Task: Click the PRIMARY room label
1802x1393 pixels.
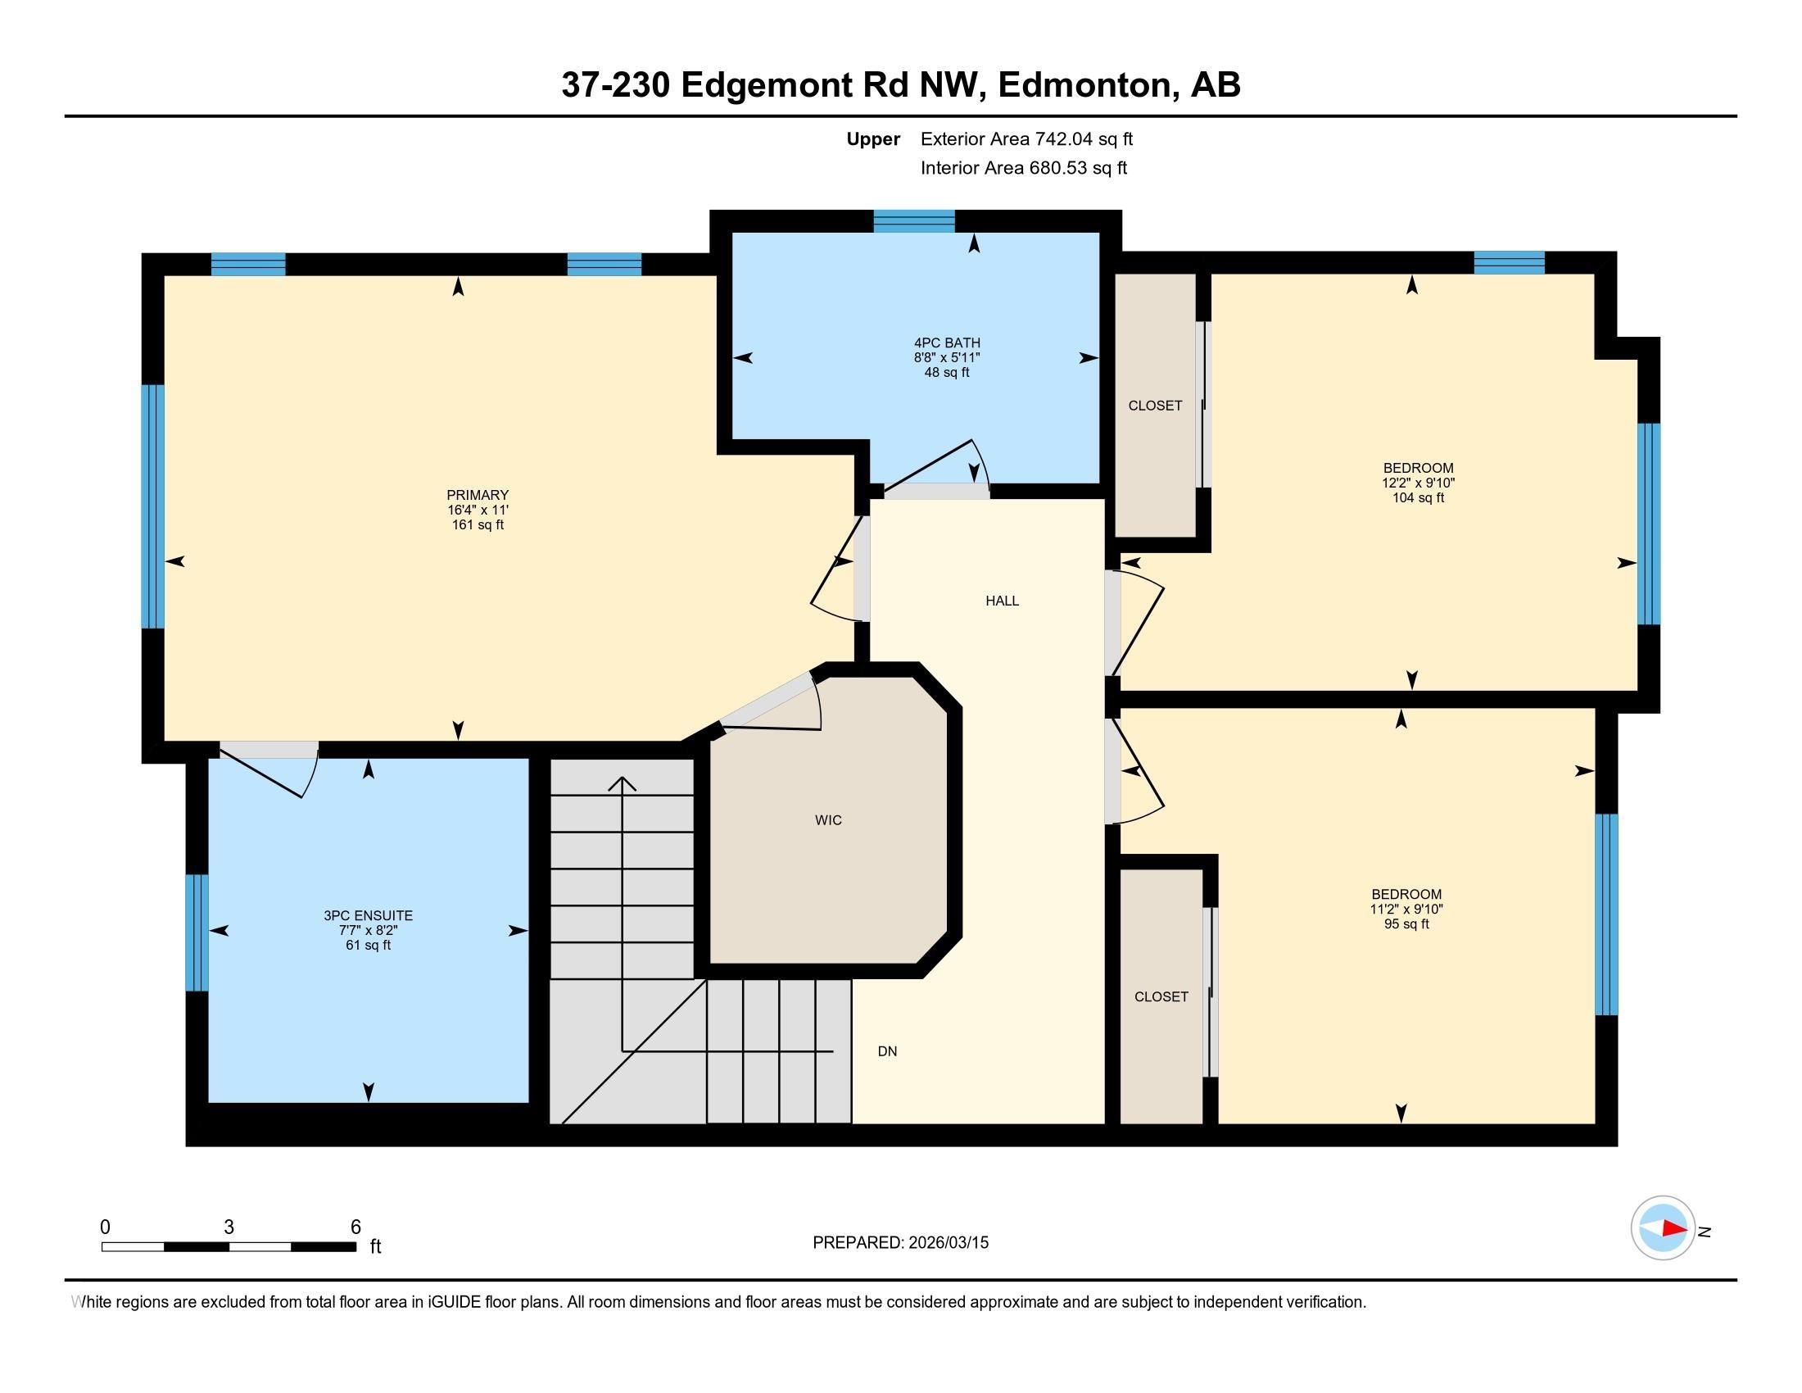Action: (477, 495)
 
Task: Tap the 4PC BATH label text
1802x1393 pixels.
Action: (946, 343)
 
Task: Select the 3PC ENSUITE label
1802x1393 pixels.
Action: (368, 915)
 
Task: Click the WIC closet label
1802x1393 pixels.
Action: (827, 819)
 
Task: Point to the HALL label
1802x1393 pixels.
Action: (1002, 601)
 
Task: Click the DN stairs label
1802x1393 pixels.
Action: (887, 1051)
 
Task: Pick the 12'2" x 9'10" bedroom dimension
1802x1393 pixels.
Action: (1418, 483)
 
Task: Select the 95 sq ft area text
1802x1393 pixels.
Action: (1406, 924)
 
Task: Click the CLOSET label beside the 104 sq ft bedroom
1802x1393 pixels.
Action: (1154, 405)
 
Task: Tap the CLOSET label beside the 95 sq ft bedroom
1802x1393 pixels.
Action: (1161, 997)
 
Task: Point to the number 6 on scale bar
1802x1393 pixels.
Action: (355, 1227)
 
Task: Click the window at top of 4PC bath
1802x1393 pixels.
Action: (913, 221)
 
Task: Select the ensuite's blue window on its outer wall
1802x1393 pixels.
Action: (197, 932)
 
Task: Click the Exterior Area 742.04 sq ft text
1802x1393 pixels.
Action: (1026, 138)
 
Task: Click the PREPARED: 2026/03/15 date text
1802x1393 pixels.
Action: (900, 1242)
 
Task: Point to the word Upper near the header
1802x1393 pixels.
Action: (873, 138)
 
